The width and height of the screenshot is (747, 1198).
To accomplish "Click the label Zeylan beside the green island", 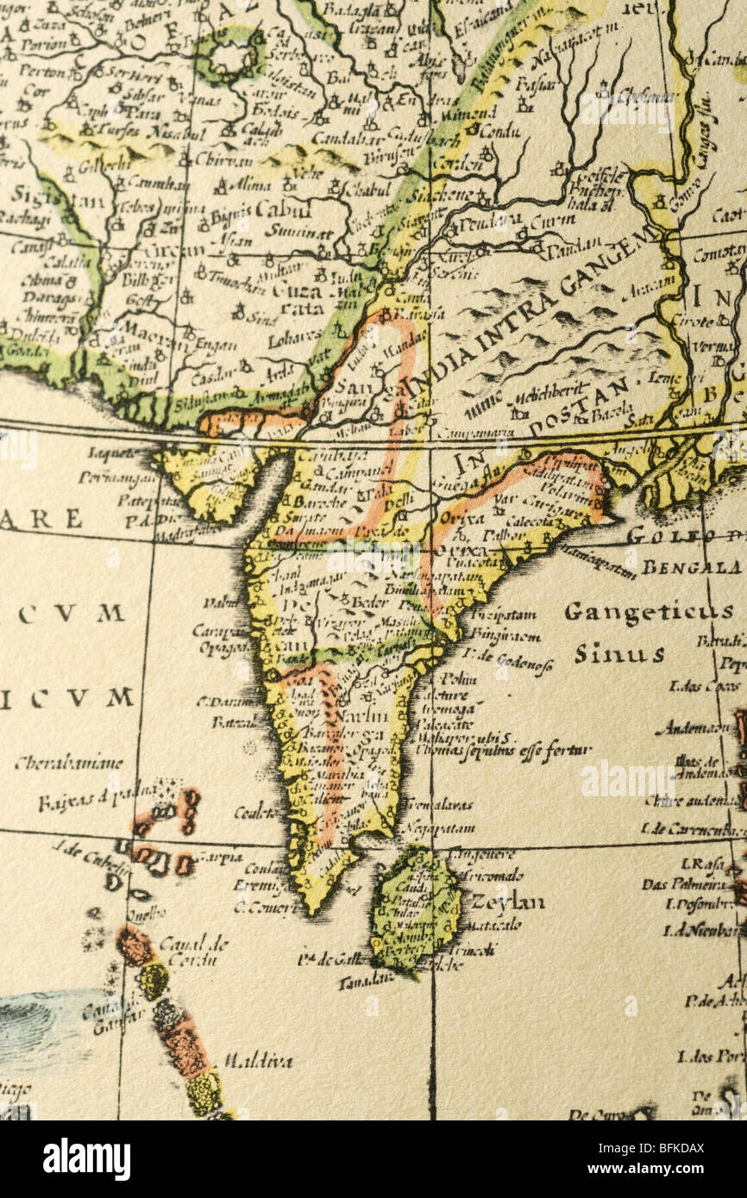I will pos(508,902).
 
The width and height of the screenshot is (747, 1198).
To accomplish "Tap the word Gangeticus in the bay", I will pos(648,612).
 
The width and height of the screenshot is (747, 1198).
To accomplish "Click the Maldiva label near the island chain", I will pos(258,1061).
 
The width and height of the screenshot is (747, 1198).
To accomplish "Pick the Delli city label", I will pos(395,499).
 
